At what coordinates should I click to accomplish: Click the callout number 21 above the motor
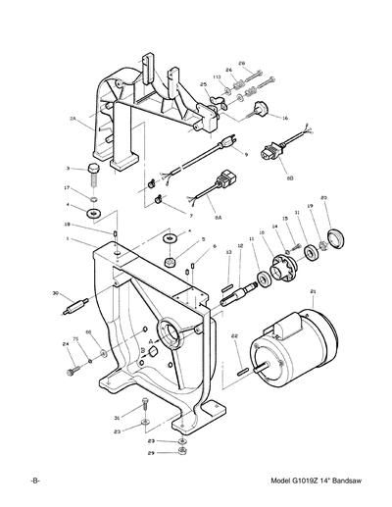click(x=312, y=292)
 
